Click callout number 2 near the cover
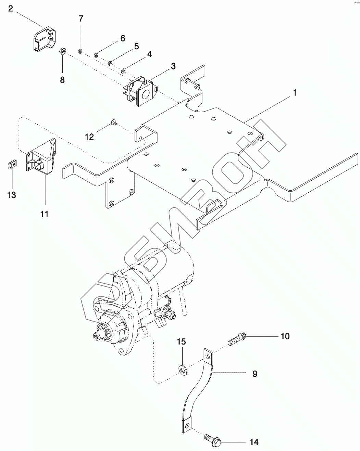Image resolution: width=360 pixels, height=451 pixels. (11, 9)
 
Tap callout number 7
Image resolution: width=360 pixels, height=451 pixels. (81, 18)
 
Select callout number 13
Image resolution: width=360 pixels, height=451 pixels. (11, 195)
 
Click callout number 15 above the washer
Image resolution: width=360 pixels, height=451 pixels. (182, 341)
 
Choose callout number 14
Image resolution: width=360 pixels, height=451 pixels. (254, 442)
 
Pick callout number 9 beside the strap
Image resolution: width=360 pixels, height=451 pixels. (255, 374)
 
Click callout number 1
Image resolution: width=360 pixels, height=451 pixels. (294, 93)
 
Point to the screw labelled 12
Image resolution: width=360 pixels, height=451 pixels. (114, 121)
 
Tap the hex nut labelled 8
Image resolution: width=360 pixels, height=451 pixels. (63, 51)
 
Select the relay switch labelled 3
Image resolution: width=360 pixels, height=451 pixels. (139, 90)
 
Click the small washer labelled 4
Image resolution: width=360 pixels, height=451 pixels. (123, 71)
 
